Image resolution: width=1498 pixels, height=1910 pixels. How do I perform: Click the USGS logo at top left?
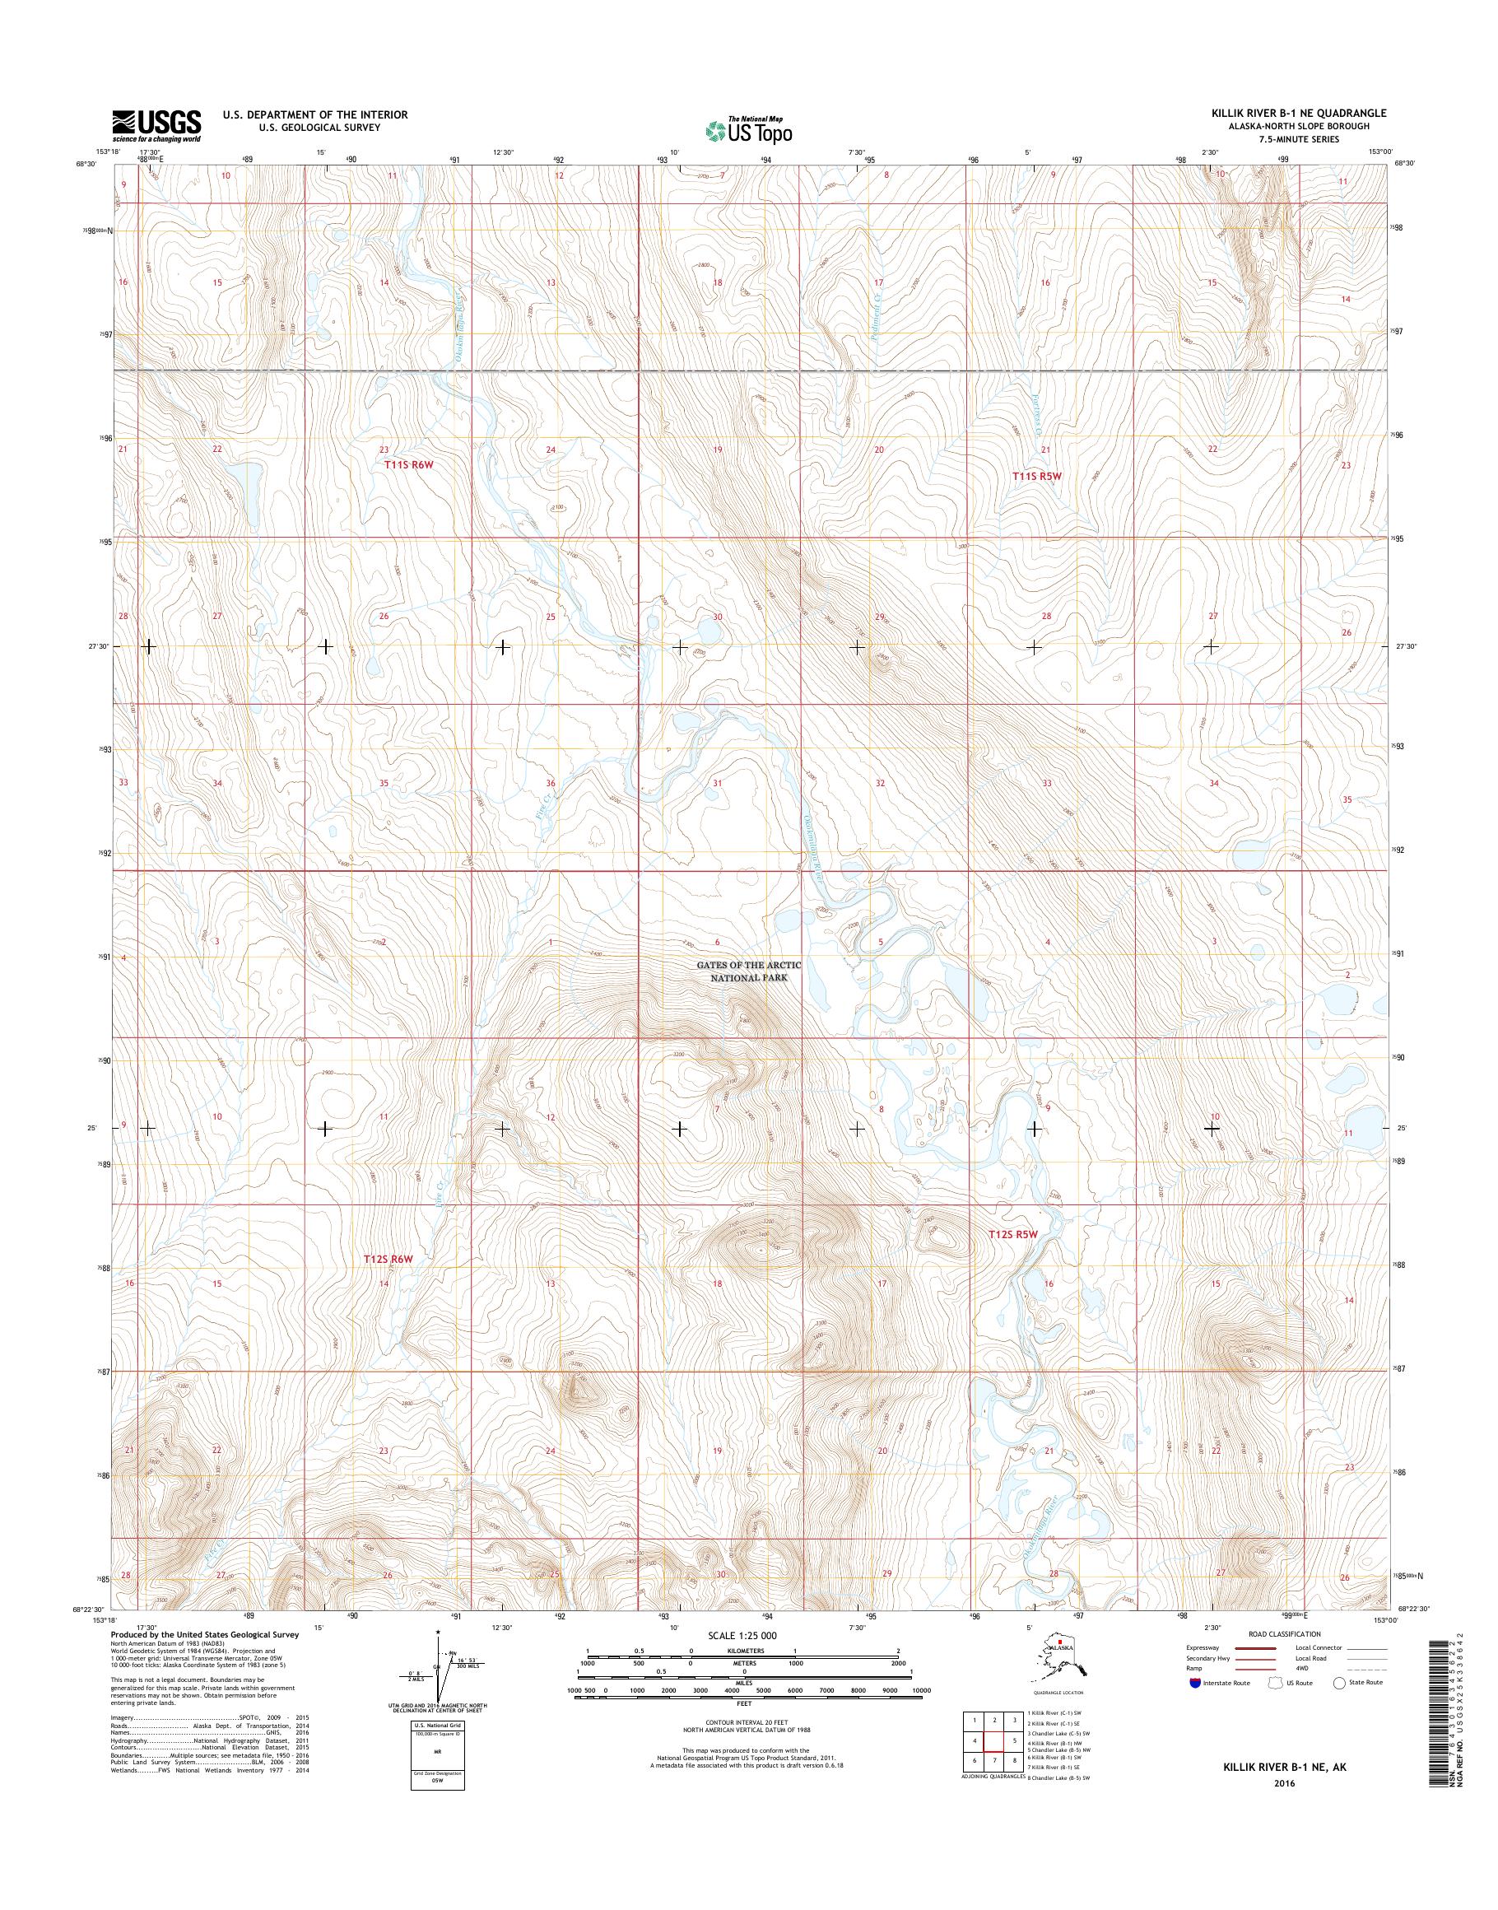(156, 126)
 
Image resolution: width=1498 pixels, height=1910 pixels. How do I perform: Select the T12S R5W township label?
(1013, 1234)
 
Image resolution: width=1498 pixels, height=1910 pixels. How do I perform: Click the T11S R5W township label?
(1037, 476)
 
